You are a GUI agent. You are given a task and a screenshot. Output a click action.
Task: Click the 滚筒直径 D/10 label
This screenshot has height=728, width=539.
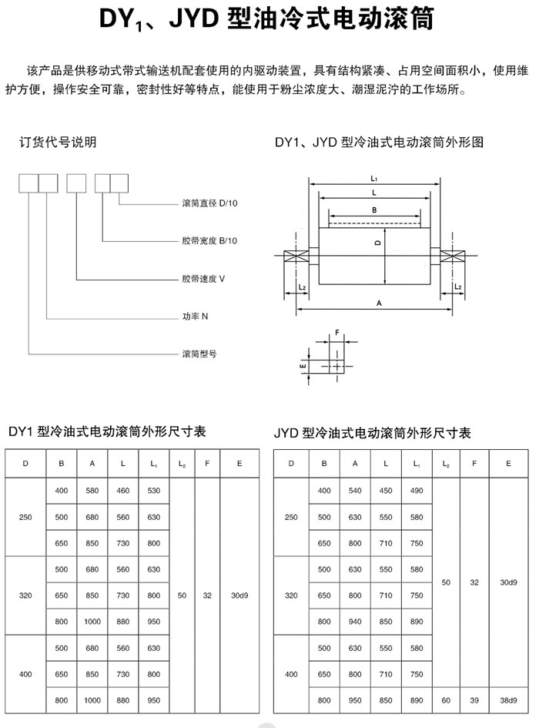coord(209,203)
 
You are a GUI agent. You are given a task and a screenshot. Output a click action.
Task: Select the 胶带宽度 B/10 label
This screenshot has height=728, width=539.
coord(209,240)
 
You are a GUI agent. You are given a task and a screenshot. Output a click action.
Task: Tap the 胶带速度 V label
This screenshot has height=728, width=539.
coord(203,279)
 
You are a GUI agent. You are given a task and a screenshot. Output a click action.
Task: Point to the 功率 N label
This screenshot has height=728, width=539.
coord(195,316)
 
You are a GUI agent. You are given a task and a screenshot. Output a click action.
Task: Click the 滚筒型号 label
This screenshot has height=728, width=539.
coord(199,354)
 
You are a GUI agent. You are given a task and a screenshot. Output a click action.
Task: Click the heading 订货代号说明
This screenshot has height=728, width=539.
coord(58,142)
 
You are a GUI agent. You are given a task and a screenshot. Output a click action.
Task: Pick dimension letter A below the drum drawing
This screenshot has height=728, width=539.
coord(380,304)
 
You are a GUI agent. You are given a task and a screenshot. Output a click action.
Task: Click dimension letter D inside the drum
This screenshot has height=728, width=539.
coord(378,243)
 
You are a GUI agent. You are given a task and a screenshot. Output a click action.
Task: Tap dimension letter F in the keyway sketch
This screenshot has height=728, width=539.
coord(337,333)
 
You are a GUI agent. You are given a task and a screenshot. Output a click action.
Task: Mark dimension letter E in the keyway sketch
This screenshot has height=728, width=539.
coord(303,367)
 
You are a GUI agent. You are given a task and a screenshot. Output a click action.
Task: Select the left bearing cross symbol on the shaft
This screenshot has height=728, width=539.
coord(296,256)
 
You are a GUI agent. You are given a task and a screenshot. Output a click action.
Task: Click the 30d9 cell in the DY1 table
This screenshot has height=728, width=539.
coord(239,595)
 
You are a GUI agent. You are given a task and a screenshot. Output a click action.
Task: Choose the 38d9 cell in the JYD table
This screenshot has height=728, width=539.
coord(508,700)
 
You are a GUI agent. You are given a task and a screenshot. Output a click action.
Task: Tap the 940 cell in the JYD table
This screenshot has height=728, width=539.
coord(355,621)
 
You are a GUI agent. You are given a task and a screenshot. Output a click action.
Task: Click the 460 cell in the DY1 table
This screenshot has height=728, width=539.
coord(123,490)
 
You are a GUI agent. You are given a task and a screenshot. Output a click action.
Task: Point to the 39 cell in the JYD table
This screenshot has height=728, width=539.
coord(474,700)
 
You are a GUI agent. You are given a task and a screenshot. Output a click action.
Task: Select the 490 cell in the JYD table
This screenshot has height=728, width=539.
coord(417,490)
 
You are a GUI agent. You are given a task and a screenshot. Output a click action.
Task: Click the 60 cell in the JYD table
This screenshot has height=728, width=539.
coord(446,700)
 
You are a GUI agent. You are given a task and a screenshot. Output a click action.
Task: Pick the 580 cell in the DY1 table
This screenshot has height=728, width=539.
coord(92,490)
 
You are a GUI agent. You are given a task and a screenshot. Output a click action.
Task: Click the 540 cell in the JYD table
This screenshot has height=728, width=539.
coord(355,490)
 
